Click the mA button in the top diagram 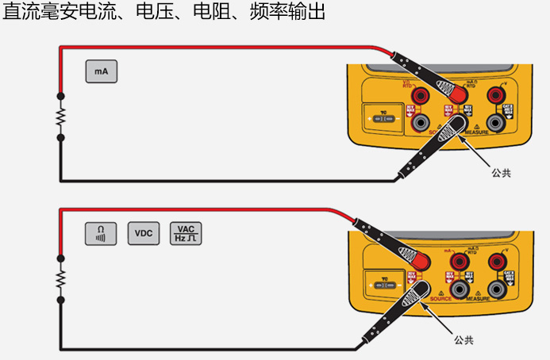101,71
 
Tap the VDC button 143,233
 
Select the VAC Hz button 186,233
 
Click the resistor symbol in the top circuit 60,117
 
